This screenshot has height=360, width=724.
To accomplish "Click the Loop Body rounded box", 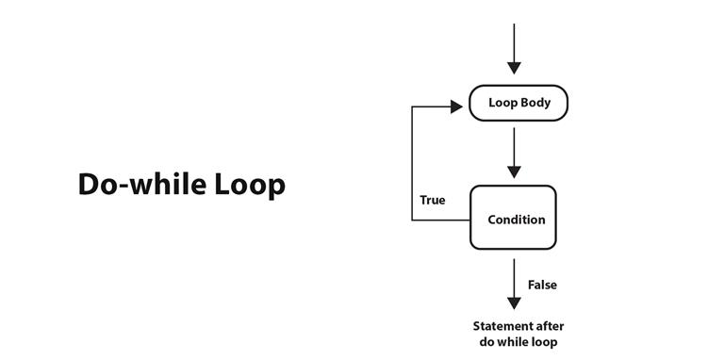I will (x=518, y=103).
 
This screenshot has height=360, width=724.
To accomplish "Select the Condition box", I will (x=514, y=219).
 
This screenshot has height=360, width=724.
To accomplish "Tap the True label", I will (x=433, y=201).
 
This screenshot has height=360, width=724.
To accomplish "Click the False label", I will (x=542, y=285).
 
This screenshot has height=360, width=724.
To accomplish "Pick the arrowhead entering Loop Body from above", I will (x=514, y=68).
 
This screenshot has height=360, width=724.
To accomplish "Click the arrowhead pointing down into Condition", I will (x=514, y=172).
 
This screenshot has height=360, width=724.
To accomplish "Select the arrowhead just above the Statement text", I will (x=514, y=303).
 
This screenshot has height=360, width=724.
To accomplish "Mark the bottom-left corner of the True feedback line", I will (x=412, y=220).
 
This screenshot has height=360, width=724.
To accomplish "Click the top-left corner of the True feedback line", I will (x=412, y=106).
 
